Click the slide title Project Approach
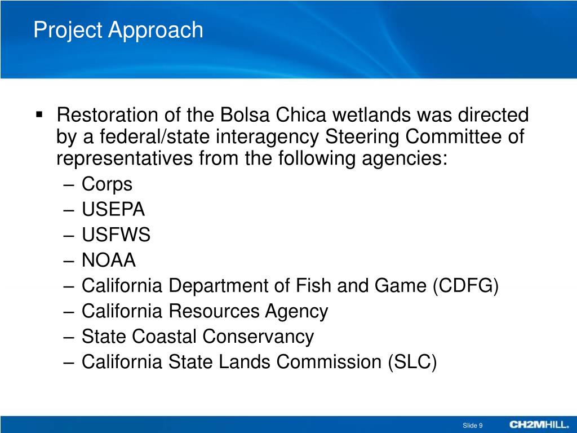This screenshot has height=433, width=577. click(x=118, y=30)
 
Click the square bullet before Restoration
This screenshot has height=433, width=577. click(x=39, y=115)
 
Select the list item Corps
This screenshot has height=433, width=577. click(x=106, y=184)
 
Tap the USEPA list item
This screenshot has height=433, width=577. click(x=113, y=210)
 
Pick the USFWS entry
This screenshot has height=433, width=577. click(x=116, y=235)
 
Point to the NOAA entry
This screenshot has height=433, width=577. click(x=109, y=260)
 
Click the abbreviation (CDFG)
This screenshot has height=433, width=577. click(x=466, y=286)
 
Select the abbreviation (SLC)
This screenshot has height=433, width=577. click(x=412, y=362)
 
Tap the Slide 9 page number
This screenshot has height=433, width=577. click(x=472, y=425)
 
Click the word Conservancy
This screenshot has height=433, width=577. click(x=258, y=337)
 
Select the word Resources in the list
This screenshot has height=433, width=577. click(x=216, y=311)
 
